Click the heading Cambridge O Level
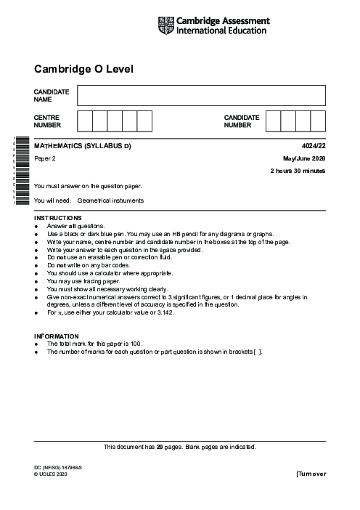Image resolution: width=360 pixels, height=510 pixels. [83, 69]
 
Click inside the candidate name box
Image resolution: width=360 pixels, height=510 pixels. [201, 95]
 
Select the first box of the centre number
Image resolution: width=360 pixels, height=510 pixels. [85, 121]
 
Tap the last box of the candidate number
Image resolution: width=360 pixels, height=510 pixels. [318, 121]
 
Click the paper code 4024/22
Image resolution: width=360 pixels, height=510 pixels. [314, 147]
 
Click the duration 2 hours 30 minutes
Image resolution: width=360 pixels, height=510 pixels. [298, 170]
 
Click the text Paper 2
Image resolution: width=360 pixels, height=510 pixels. [46, 158]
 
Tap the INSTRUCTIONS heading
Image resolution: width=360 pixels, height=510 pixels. [58, 218]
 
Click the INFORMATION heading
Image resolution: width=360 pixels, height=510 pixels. [56, 336]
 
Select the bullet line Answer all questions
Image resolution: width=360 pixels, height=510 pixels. [75, 226]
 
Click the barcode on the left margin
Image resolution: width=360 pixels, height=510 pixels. [20, 171]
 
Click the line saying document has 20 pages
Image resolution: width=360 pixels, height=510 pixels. [180, 447]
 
